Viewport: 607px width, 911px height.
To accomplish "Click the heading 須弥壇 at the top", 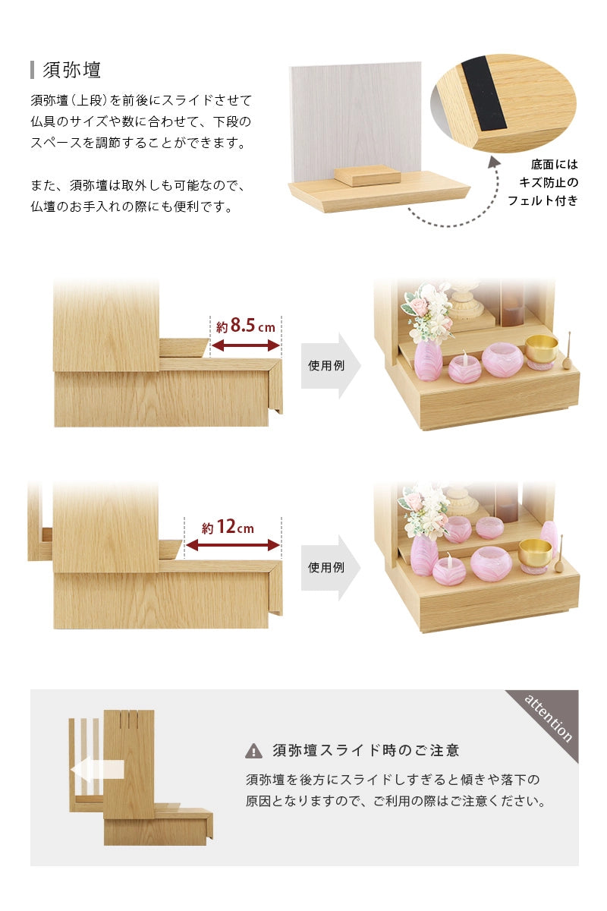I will click(x=72, y=70).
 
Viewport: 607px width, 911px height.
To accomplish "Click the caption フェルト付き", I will click(x=543, y=200).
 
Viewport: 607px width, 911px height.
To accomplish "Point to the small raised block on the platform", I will click(x=367, y=175).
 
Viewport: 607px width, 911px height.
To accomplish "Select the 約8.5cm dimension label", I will click(x=245, y=326).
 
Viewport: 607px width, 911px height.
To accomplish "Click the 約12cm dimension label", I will click(x=228, y=528).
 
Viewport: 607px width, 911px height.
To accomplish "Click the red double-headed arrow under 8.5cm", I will click(x=245, y=346).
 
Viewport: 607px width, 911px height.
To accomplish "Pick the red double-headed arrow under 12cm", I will click(x=232, y=546).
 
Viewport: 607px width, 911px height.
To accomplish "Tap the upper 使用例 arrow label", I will click(x=327, y=365).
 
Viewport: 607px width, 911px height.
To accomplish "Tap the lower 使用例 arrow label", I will click(x=327, y=567).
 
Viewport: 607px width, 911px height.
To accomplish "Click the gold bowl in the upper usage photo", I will click(x=541, y=348).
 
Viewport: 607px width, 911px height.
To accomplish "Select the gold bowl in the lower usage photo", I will click(x=535, y=552).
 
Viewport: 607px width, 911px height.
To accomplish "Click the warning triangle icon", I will click(x=253, y=752).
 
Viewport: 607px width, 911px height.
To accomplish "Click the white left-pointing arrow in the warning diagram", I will click(x=96, y=771).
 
